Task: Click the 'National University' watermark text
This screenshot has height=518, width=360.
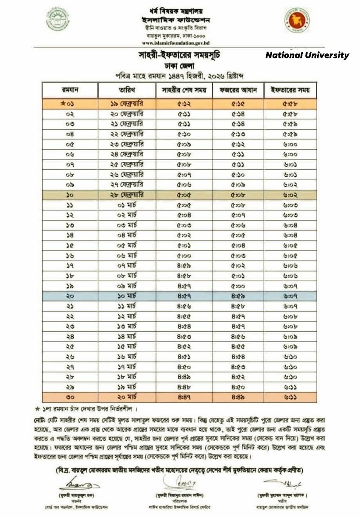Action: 307,55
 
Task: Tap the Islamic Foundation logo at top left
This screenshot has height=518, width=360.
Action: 58,19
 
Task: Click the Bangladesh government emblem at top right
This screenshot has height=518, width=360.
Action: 296,20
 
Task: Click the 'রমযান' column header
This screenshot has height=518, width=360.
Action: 70,90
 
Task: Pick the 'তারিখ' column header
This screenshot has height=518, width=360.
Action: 127,90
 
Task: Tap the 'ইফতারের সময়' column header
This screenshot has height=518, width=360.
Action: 290,90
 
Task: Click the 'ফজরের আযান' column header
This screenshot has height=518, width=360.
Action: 238,90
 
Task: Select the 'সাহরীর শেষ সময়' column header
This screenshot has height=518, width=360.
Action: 184,90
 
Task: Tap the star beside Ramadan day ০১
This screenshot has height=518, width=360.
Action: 63,104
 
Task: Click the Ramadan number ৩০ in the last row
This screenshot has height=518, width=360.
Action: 70,397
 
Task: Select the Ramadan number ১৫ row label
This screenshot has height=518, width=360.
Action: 70,245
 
